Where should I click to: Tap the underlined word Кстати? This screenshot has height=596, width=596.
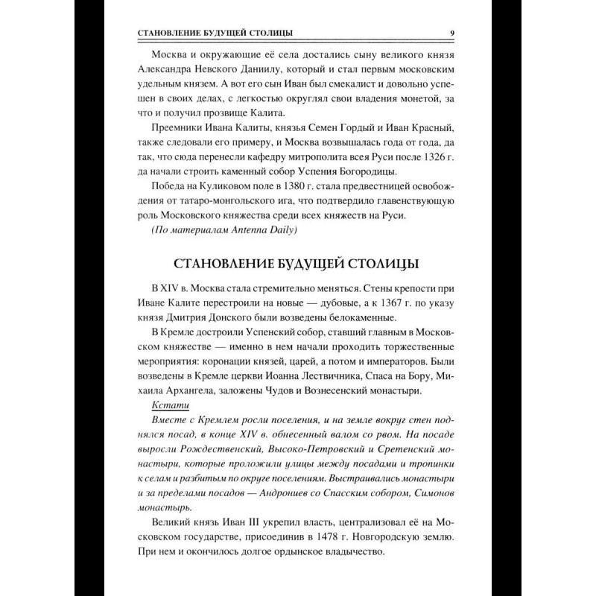[x=171, y=405]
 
